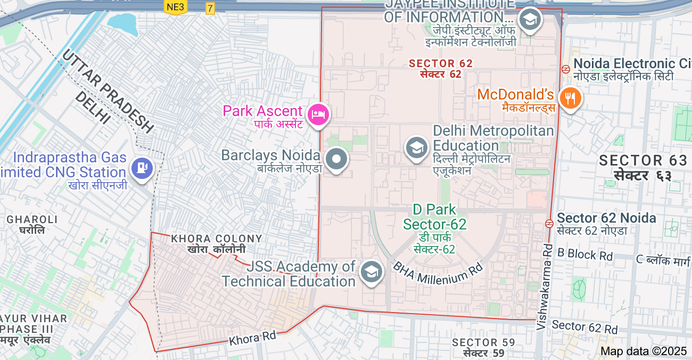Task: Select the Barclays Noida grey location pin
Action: pos(336,159)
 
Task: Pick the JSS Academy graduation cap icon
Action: pos(371,272)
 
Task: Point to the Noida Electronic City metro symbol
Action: pos(566,69)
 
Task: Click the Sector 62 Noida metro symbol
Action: pos(549,223)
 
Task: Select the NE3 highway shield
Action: pos(175,7)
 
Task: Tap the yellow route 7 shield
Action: pos(210,8)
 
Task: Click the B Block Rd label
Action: pos(585,255)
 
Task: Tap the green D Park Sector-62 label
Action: pos(434,217)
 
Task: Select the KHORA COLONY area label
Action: pos(217,239)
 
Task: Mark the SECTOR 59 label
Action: pos(483,342)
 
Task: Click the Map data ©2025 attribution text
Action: pos(644,351)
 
